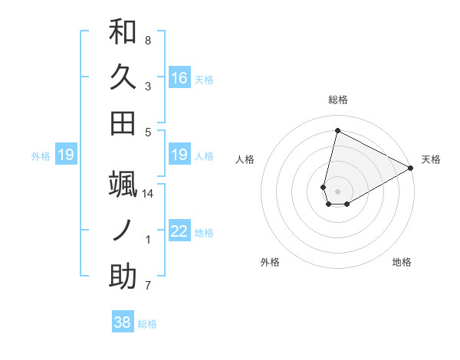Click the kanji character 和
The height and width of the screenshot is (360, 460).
[x=123, y=32]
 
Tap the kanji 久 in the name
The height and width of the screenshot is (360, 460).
[x=123, y=77]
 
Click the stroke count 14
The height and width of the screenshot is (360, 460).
[x=148, y=194]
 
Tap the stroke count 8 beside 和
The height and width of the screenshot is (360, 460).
[x=148, y=40]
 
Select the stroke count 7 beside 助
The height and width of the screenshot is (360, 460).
[x=148, y=286]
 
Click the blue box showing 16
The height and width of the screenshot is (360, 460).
[x=179, y=78]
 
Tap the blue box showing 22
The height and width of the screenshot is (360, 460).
[x=179, y=231]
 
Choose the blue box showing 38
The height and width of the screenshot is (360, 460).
[x=123, y=322]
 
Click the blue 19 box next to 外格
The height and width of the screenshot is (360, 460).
[x=66, y=155]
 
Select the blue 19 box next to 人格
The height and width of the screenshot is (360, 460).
[x=179, y=155]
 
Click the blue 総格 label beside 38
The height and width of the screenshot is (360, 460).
[x=147, y=324]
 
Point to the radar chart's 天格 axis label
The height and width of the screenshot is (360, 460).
[x=431, y=159]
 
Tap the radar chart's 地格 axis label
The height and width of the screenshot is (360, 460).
[x=402, y=262]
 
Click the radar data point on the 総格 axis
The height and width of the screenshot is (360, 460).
[x=337, y=130]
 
